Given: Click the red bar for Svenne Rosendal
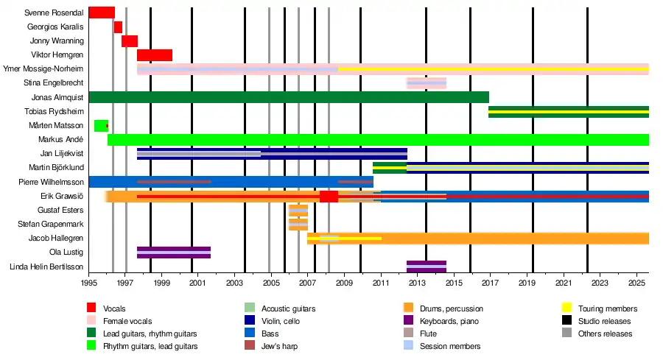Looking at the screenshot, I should [x=101, y=13].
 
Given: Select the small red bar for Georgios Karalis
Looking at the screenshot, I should [x=118, y=27].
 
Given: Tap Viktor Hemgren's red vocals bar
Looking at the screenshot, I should [x=154, y=55].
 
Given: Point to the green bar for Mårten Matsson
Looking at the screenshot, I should [x=100, y=126].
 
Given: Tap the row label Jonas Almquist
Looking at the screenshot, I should [x=57, y=97].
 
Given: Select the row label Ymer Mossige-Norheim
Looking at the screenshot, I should [x=43, y=69].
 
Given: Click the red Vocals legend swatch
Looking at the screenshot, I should [x=91, y=308].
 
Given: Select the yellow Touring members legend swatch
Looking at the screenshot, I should [x=567, y=308].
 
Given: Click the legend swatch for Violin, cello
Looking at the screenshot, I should [x=250, y=321].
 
